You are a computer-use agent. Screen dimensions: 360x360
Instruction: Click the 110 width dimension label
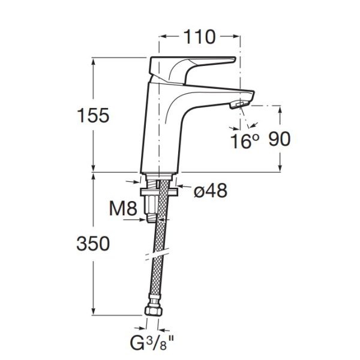[200, 37]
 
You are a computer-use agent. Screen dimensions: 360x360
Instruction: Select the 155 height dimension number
[93, 115]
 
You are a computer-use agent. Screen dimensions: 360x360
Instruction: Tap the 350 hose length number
[93, 244]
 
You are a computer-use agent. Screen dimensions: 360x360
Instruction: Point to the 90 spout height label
[280, 139]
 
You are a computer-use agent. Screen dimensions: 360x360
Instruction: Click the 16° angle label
[245, 141]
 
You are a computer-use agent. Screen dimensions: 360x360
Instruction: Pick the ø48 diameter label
[211, 190]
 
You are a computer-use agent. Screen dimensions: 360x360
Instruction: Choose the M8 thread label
[123, 208]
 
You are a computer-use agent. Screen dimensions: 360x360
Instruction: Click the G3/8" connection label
[152, 343]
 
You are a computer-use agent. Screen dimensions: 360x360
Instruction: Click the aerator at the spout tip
[239, 104]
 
